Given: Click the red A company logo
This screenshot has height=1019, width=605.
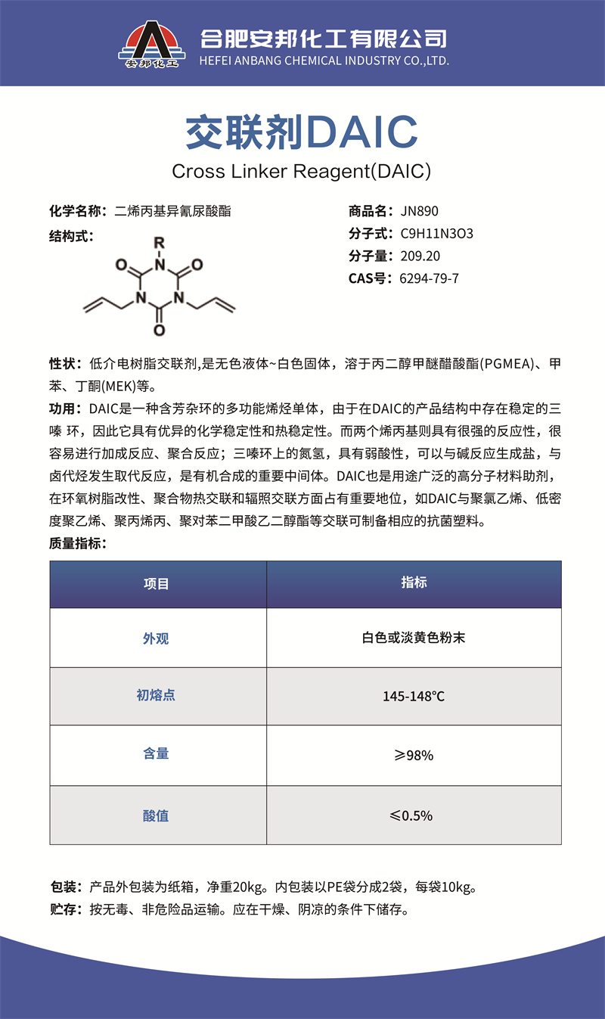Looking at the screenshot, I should tap(152, 44).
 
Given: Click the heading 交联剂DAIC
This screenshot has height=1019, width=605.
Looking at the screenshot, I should tap(302, 132).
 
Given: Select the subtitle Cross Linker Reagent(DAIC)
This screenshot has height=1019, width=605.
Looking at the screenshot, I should tap(302, 171).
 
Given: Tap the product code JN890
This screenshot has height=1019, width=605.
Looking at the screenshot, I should tap(420, 211).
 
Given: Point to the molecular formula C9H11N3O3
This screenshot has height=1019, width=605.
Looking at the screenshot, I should tap(436, 234).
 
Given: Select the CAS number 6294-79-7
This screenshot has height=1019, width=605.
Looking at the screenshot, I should tap(429, 278).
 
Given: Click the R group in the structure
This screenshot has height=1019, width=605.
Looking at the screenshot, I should tap(159, 244).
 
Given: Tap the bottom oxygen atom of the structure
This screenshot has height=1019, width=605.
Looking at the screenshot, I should tap(159, 331).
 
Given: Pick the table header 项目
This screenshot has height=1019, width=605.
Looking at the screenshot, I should tap(157, 584).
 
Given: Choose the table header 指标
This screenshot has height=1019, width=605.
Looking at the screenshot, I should tap(414, 583).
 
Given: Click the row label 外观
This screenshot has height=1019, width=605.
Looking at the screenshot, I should tap(157, 638).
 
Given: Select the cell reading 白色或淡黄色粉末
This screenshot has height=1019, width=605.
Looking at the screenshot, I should tap(414, 638).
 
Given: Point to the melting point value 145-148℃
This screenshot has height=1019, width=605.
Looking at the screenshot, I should tap(414, 696).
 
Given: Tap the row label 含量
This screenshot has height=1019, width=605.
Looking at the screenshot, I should tap(157, 754).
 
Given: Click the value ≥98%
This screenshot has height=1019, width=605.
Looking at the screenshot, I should tap(414, 755).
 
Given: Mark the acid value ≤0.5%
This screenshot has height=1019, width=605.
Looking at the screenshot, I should tap(414, 816).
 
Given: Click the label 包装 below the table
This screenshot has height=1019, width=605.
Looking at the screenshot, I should tap(65, 887).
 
